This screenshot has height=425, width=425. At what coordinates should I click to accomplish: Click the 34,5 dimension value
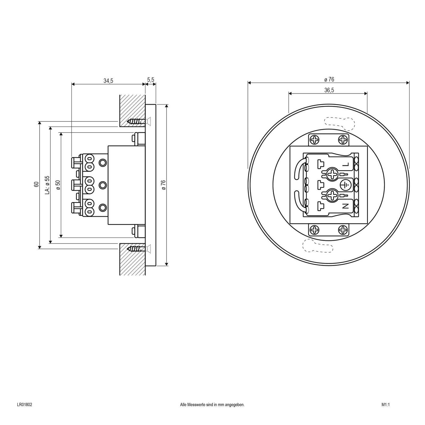pyautogui.click(x=108, y=81)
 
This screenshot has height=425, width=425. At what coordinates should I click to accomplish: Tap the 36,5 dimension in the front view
pyautogui.click(x=329, y=90)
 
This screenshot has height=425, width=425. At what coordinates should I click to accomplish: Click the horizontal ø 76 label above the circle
pyautogui.click(x=329, y=79)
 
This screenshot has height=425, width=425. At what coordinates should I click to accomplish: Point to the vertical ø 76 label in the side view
pyautogui.click(x=164, y=185)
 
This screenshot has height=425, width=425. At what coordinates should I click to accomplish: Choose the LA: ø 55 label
pyautogui.click(x=47, y=185)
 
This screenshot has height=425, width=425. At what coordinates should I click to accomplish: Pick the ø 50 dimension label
pyautogui.click(x=58, y=185)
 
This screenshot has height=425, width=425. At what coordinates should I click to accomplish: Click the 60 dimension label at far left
pyautogui.click(x=36, y=184)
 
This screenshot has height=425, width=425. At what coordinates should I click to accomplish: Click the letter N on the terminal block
pyautogui.click(x=346, y=206)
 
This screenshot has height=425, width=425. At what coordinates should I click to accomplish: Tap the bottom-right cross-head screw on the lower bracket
pyautogui.click(x=343, y=229)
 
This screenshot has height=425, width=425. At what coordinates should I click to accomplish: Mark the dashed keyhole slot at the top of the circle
pyautogui.click(x=339, y=124)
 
